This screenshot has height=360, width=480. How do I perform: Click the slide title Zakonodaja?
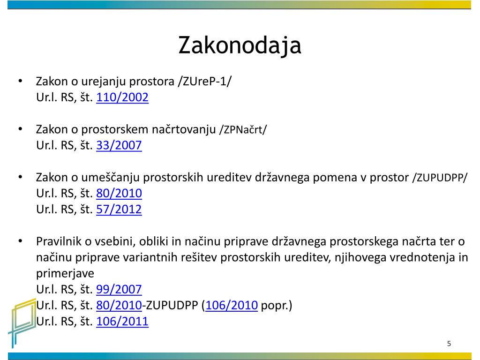240,45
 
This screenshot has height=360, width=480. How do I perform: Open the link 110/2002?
122,97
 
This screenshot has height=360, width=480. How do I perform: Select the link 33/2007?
119,145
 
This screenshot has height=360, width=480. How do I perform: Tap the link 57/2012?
119,210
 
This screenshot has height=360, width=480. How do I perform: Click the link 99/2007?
119,289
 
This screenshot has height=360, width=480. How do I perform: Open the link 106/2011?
122,322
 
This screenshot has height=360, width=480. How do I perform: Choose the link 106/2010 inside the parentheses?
232,305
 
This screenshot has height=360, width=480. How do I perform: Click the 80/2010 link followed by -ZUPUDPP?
119,305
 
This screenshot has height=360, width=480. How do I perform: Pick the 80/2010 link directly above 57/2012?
119,194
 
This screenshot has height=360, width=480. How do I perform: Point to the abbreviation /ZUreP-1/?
204,82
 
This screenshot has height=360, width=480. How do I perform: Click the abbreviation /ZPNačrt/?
243,130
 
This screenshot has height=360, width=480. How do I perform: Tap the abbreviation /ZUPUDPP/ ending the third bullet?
440,178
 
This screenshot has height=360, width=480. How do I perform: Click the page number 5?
449,344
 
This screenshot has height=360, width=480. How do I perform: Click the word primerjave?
65,274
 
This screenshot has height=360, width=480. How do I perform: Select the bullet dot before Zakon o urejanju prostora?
21,82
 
